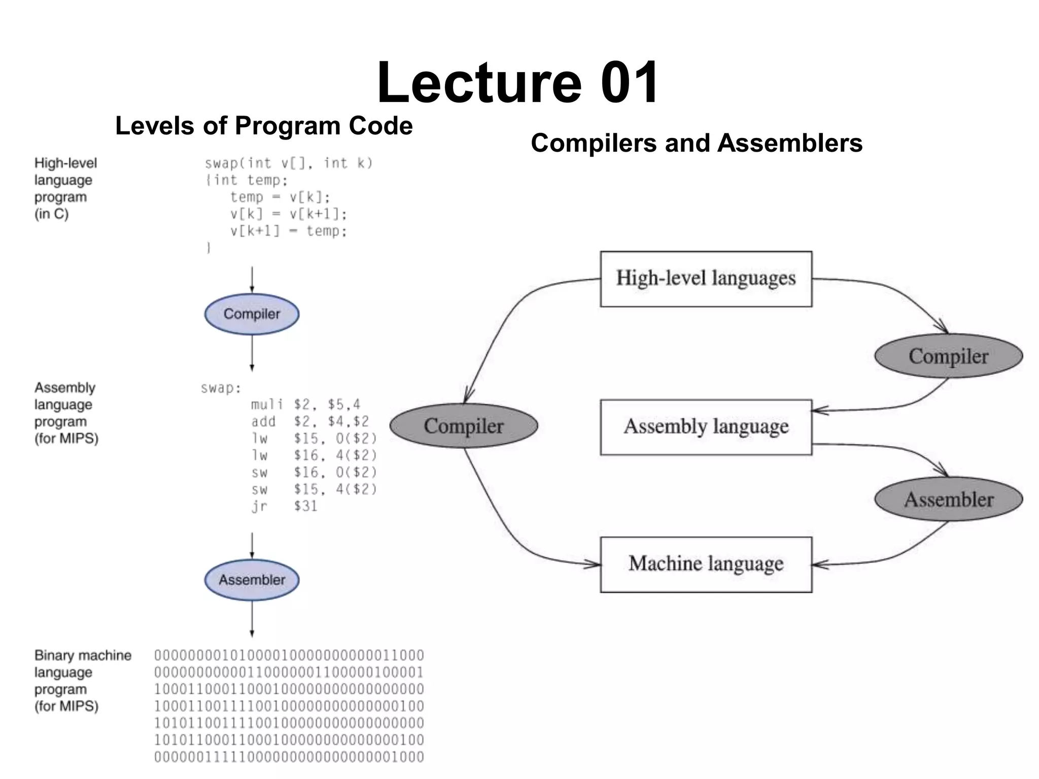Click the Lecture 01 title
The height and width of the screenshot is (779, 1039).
[517, 82]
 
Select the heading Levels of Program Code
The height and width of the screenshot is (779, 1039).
[264, 126]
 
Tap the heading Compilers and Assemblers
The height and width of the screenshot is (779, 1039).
[696, 143]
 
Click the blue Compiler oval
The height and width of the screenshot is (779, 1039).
[252, 314]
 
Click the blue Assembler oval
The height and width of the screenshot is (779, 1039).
[252, 580]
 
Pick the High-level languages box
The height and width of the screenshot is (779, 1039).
[706, 279]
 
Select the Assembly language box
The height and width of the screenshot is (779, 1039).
[706, 427]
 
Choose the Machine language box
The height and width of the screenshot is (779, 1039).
[706, 564]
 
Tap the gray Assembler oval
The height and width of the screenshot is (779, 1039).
[948, 500]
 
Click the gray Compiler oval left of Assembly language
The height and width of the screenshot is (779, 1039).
[463, 426]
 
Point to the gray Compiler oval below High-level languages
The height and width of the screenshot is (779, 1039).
[948, 356]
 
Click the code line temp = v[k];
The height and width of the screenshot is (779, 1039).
[280, 197]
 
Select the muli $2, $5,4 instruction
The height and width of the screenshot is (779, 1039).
[305, 404]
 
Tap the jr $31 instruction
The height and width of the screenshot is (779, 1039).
[284, 506]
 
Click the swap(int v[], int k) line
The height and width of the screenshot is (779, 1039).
[289, 163]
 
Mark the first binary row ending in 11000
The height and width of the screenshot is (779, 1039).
[289, 655]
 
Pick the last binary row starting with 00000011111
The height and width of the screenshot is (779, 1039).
[289, 757]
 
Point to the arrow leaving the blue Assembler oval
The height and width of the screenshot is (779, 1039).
[252, 619]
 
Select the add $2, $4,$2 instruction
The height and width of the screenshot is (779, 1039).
[309, 421]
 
